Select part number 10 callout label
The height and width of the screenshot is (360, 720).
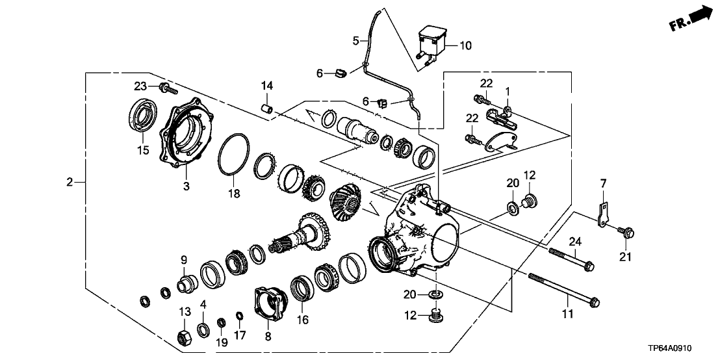coord(466,46)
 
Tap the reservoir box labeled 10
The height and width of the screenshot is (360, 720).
coord(431,40)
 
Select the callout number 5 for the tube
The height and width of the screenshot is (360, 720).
coord(356,41)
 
